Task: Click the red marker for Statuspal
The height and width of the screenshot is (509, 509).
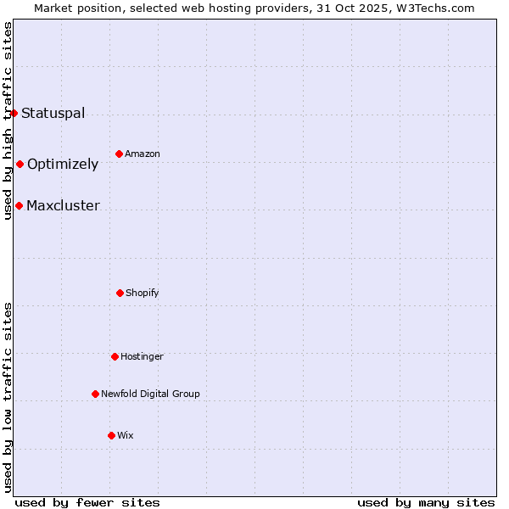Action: pos(14,113)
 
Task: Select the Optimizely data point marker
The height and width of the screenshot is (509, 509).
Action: pos(20,164)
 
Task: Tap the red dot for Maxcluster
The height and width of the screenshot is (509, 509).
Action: pos(19,205)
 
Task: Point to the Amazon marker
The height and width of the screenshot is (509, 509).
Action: pos(119,154)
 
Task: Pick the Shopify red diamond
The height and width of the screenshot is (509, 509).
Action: pos(120,293)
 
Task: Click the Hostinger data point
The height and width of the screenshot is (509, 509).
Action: pos(115,356)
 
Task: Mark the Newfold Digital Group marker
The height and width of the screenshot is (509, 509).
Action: pos(95,394)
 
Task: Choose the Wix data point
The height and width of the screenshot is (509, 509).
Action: pos(111,435)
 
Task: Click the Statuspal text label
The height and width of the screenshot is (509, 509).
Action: pos(53,113)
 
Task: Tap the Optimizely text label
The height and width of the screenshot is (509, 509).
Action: pos(63,164)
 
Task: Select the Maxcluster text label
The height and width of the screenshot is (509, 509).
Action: pos(63,205)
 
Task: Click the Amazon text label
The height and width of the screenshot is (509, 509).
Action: pos(143,154)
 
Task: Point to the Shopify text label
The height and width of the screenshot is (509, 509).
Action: pos(143,293)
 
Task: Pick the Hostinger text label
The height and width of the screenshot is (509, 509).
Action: pos(142,356)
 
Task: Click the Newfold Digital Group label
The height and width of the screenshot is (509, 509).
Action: pos(150,394)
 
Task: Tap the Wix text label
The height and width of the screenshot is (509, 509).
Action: pos(126,435)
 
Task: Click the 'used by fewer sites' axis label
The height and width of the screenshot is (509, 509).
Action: pos(87,502)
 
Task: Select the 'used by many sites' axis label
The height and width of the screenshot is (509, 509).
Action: pos(426,502)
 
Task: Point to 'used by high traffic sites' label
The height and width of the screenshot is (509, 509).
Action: pos(8,120)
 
